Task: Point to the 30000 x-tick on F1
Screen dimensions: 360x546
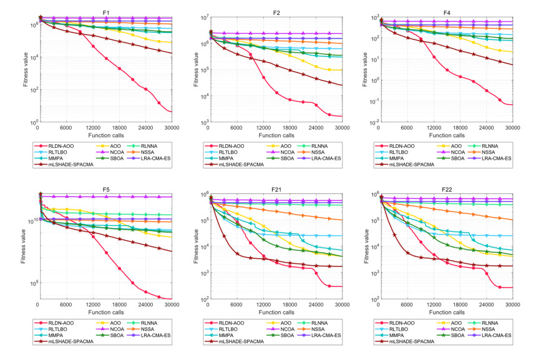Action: tap(172, 128)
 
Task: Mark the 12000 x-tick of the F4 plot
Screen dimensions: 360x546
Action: tap(432, 128)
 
